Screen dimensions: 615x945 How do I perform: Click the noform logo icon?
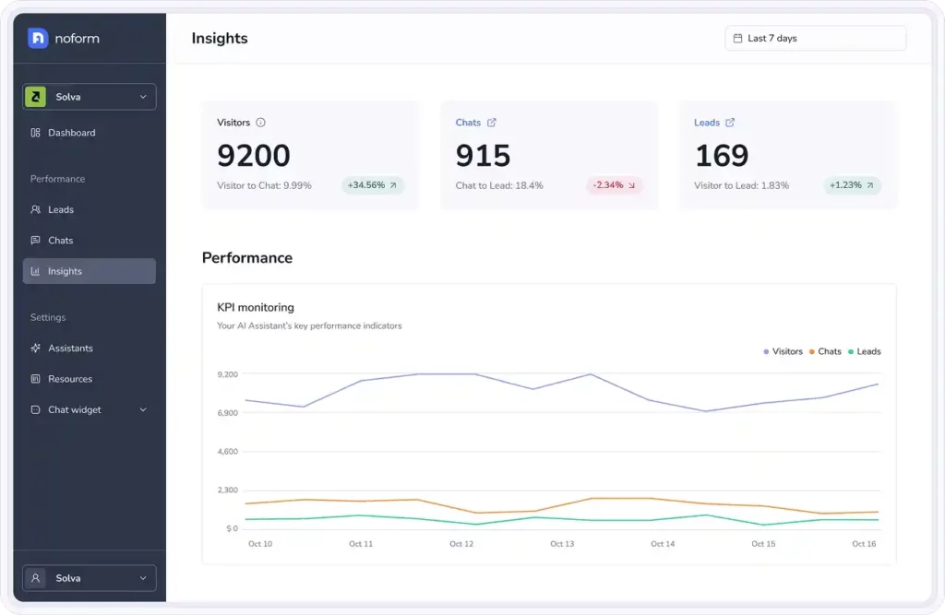click(38, 38)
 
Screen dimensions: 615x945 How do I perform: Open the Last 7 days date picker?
click(815, 39)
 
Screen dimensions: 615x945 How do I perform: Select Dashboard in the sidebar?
click(71, 133)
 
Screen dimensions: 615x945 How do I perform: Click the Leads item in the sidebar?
click(61, 209)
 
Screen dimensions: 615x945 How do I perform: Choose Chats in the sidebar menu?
click(60, 241)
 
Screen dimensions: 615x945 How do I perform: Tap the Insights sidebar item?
click(65, 271)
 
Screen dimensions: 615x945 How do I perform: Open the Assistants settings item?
click(70, 349)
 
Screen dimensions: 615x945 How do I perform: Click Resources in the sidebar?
click(70, 379)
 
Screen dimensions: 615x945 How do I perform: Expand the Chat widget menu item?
click(89, 409)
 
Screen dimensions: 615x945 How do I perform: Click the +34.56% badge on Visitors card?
click(372, 185)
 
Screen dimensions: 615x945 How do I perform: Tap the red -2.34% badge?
click(614, 185)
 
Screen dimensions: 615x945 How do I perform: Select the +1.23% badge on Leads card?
click(852, 185)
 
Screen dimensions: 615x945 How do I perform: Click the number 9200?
click(254, 156)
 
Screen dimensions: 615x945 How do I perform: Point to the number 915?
click(483, 156)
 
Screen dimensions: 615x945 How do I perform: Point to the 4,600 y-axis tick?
click(227, 452)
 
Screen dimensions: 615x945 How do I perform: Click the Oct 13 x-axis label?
click(562, 544)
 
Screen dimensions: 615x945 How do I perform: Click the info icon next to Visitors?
click(260, 123)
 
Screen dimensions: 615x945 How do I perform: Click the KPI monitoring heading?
click(256, 307)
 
